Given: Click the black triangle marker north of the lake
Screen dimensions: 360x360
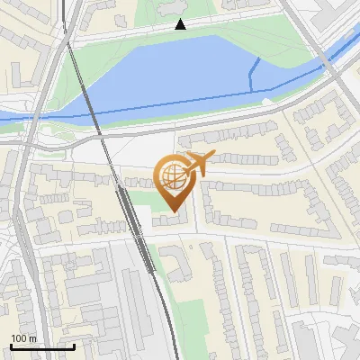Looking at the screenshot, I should (x=181, y=24).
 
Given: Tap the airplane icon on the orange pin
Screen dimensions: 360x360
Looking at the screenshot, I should (x=196, y=165).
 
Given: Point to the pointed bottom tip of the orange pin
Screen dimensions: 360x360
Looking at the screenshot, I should (x=174, y=212).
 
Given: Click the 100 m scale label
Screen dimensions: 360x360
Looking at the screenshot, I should (x=23, y=338).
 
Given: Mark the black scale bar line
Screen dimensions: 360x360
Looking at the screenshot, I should (x=42, y=346).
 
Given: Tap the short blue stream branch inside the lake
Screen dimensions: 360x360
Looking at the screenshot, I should (x=256, y=72).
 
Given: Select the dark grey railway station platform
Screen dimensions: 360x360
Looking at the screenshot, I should (x=135, y=225).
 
